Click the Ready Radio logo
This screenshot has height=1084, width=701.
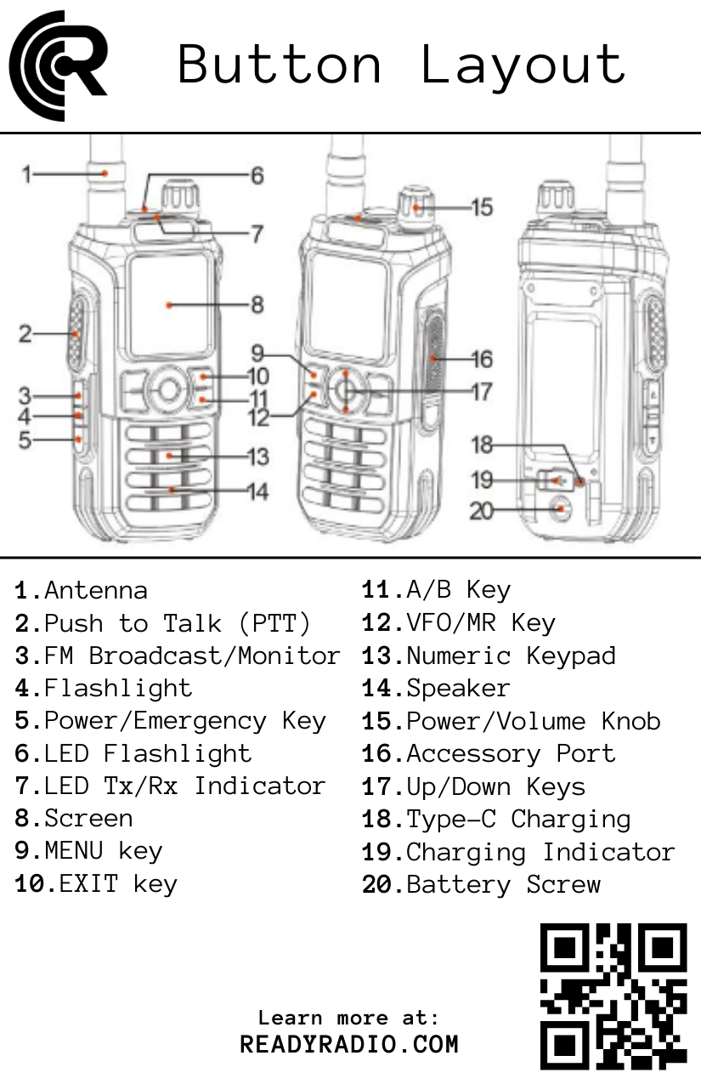pos(58,65)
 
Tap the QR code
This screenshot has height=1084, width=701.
pos(613,996)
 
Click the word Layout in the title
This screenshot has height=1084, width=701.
pos(523,65)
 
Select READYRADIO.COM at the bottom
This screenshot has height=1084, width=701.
pos(349,1044)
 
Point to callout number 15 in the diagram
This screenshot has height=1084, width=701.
pos(482,207)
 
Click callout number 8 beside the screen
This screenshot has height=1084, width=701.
pos(257,304)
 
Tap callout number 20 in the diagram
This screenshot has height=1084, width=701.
pos(482,512)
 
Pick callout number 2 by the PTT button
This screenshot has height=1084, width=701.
pos(25,334)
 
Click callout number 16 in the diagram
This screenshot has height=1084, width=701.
pos(482,359)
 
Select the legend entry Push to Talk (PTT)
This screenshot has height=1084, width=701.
pos(177,623)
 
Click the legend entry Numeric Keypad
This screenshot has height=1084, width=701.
pos(511,656)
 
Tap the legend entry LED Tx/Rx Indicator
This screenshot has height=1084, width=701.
pos(184,786)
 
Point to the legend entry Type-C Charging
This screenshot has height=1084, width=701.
pos(518,819)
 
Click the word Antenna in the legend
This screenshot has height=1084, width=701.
pos(95,590)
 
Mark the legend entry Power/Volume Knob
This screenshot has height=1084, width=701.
pos(533,721)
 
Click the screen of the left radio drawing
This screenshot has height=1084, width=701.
pos(170,304)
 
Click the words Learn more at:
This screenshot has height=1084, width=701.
pos(349,1018)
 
